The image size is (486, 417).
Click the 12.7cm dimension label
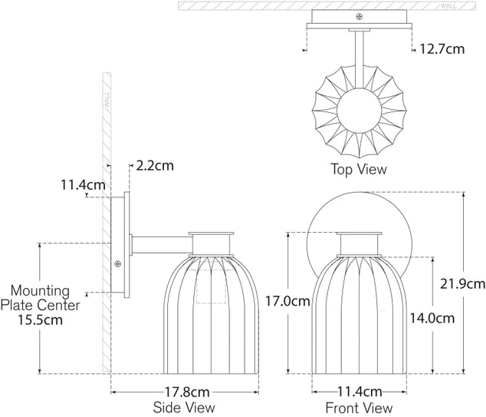point(442,49)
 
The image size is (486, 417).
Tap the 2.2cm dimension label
point(155,166)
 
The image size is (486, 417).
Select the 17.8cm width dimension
point(186,392)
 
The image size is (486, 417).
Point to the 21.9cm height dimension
point(462,284)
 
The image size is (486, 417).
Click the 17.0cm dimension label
point(287,301)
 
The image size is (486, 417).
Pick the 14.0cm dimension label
point(432,318)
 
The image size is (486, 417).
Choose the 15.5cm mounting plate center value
point(40,319)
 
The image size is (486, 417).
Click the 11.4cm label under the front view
point(360,392)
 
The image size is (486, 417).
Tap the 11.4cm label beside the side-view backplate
point(83,185)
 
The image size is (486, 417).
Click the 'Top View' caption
point(359,169)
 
